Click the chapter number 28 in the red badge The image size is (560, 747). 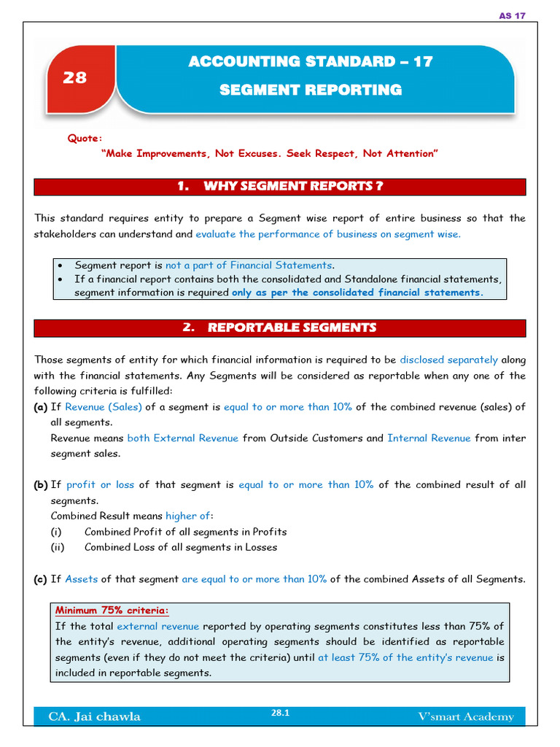[x=75, y=77]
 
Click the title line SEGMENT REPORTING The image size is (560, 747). [x=311, y=90]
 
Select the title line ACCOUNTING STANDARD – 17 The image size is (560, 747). [x=311, y=62]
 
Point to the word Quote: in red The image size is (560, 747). [x=85, y=138]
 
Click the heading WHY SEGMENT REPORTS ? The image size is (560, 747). [x=281, y=186]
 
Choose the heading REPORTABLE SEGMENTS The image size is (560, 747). [x=279, y=328]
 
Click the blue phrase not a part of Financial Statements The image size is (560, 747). [x=249, y=266]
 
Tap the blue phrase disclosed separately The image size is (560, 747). [x=449, y=360]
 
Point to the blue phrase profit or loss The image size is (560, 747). [x=100, y=485]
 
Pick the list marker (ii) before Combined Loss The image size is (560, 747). [x=58, y=547]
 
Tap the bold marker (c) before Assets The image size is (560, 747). [x=40, y=579]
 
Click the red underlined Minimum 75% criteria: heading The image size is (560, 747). [x=112, y=611]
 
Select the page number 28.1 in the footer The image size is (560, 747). [x=280, y=713]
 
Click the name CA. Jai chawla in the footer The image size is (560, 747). [x=94, y=717]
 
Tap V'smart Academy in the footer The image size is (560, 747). [x=466, y=717]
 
